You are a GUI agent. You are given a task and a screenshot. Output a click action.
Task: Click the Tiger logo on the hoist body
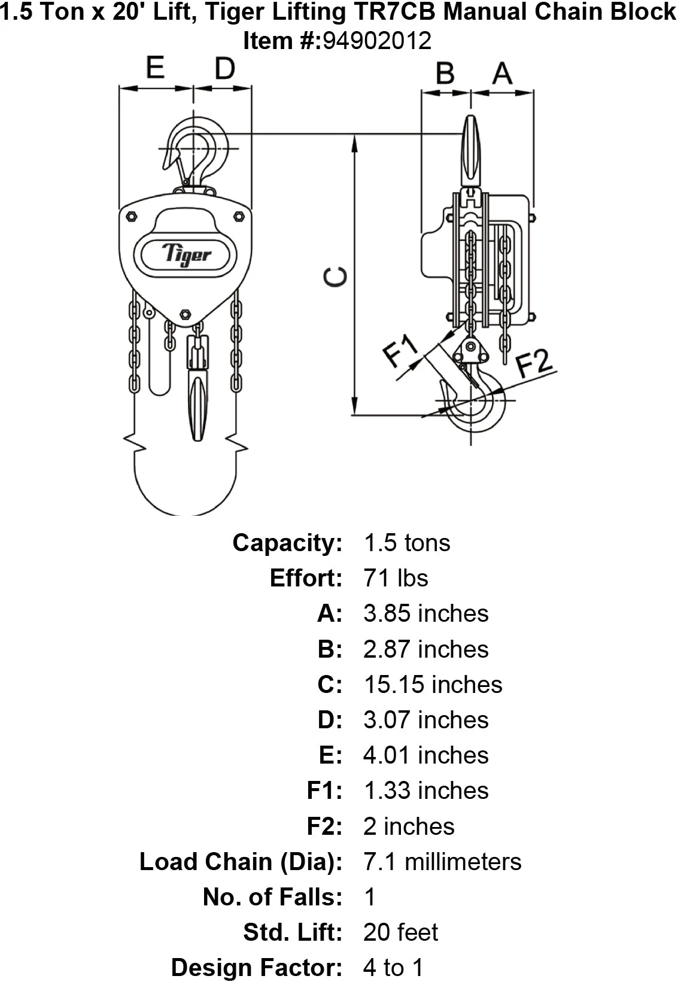tap(186, 254)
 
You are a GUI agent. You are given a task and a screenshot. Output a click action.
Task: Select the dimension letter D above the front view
tap(224, 69)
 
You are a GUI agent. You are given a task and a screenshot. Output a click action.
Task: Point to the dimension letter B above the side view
tap(445, 74)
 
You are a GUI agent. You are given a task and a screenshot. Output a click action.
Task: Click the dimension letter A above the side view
tap(502, 74)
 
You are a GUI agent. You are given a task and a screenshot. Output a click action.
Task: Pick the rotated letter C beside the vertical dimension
tap(335, 277)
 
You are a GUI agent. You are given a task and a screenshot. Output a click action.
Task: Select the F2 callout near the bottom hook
tap(534, 362)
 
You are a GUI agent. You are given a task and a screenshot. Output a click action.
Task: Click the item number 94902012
tap(377, 41)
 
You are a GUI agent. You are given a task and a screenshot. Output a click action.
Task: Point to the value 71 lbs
tap(396, 578)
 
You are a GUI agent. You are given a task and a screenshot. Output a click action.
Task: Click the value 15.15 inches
tap(433, 685)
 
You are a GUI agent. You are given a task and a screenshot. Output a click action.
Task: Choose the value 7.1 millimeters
tap(442, 862)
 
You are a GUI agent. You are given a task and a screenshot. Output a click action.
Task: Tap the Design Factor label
tap(257, 968)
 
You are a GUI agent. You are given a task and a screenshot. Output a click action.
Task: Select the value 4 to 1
tap(393, 968)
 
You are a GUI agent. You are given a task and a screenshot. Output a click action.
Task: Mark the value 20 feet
tap(401, 932)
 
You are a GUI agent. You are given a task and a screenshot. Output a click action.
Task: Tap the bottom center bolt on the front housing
tap(186, 314)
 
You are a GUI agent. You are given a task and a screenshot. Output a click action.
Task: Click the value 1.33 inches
tap(425, 791)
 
